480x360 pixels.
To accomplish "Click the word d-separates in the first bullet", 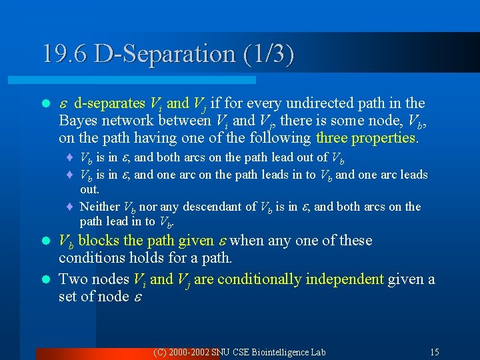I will tap(109, 103).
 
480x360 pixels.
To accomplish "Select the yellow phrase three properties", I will tap(367, 138).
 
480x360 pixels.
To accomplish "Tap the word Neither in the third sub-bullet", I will tap(99, 207).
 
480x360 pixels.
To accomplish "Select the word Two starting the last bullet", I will tap(72, 279).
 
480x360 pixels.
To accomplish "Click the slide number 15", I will tap(435, 352).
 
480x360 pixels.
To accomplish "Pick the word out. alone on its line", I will tap(89, 190).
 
